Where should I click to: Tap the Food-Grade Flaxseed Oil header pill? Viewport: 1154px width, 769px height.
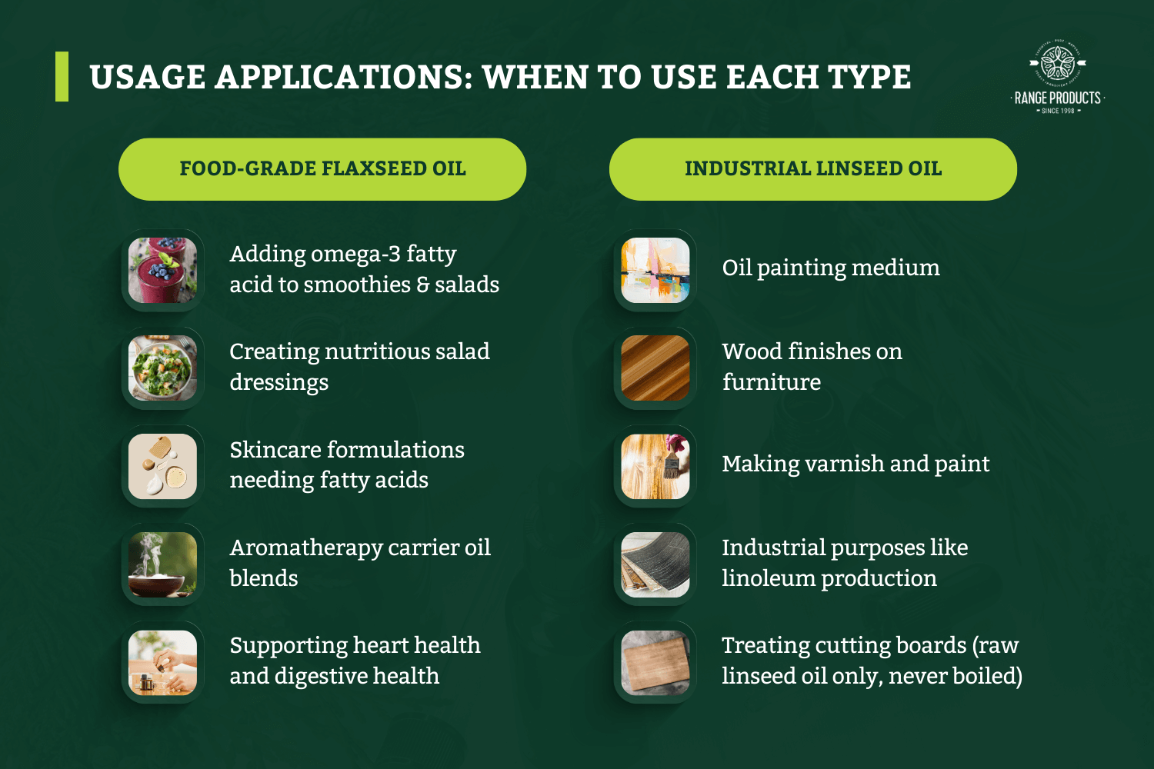(x=322, y=169)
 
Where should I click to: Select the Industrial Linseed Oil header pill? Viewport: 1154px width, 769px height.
(x=813, y=169)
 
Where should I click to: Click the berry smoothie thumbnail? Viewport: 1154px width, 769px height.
(x=162, y=270)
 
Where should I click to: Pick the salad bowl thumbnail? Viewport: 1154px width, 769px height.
(x=162, y=368)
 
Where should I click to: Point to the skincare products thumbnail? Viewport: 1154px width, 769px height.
(x=162, y=466)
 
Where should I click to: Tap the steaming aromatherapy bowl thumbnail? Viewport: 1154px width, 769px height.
(x=162, y=564)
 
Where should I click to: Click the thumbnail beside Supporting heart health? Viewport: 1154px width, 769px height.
(x=162, y=662)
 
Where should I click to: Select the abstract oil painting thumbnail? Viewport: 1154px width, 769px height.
(x=655, y=270)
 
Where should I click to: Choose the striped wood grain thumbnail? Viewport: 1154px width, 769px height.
(x=655, y=368)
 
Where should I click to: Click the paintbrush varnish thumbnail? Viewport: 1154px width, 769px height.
(x=655, y=466)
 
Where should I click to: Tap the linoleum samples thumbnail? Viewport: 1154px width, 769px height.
(x=655, y=564)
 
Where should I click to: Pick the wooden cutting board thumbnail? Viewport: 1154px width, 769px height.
(x=655, y=662)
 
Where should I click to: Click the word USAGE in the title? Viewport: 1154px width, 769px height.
(x=147, y=78)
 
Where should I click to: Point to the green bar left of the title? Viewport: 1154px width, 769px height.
(x=62, y=77)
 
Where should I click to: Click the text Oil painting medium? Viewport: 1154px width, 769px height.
(x=831, y=268)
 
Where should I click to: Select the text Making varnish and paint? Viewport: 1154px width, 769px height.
(x=855, y=464)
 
